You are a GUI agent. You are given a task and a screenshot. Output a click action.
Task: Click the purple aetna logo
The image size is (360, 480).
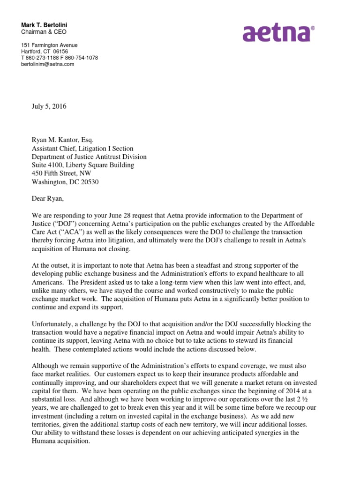tap(276, 33)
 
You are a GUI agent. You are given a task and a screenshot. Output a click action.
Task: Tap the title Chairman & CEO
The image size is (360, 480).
tap(44, 32)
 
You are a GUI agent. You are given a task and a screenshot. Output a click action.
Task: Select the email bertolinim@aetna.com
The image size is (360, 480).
tap(47, 64)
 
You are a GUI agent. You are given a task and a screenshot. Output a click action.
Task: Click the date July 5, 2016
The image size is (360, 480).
tap(49, 106)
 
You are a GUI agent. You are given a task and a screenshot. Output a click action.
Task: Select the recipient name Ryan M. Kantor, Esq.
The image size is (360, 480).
tap(62, 140)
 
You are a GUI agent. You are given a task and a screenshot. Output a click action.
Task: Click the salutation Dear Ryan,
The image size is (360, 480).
tap(48, 199)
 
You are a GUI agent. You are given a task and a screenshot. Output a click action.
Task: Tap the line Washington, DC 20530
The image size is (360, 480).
tap(65, 182)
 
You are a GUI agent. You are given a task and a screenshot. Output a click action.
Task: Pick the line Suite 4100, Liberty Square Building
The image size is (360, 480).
tap(82, 165)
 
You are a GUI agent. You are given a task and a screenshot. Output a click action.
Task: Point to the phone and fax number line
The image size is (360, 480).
tap(59, 58)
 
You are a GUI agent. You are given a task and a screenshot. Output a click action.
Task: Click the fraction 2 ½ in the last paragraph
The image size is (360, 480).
tap(316, 399)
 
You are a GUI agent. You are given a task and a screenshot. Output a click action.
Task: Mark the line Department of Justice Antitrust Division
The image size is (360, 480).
tap(89, 157)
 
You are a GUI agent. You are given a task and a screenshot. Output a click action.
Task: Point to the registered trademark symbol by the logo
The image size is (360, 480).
tap(313, 28)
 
